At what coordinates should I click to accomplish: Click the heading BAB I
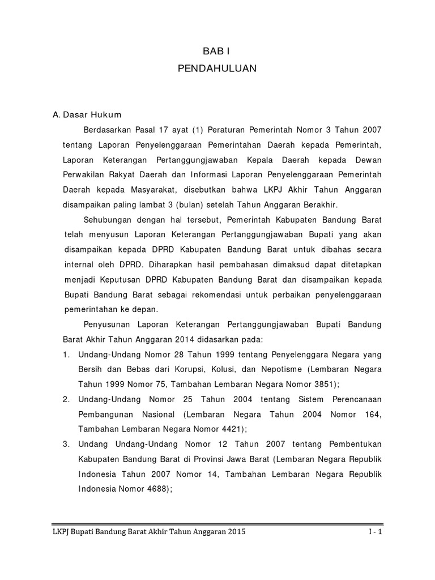tap(217, 50)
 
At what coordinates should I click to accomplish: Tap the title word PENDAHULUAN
tap(217, 69)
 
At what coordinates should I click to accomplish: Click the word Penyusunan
tap(106, 325)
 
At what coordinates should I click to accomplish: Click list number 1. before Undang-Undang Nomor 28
tap(66, 355)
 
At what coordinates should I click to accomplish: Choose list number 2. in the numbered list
tap(66, 399)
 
